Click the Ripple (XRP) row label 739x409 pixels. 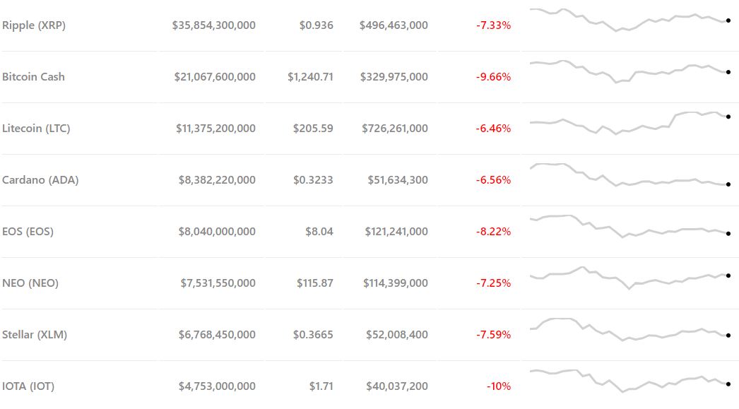point(34,25)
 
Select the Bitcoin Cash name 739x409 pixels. point(33,77)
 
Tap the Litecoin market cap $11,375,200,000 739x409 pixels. point(215,129)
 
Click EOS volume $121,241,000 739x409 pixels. point(396,232)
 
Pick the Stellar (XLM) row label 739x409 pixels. point(35,335)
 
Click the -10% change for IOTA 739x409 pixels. point(498,386)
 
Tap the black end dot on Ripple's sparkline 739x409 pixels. point(728,20)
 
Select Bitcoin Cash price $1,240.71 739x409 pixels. point(310,77)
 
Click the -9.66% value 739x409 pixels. point(493,77)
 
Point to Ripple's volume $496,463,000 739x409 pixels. point(394,25)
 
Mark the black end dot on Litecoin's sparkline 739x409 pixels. point(728,117)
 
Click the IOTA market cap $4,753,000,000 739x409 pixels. point(217,386)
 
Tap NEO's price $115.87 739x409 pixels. point(314,283)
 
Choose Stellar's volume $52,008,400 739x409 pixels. point(396,335)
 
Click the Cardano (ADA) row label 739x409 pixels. point(40,180)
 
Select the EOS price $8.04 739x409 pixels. point(319,232)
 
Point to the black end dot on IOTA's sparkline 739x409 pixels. point(728,384)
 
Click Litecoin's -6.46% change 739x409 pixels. point(493,129)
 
